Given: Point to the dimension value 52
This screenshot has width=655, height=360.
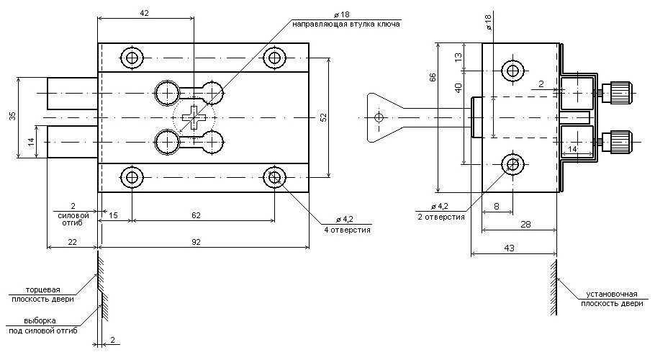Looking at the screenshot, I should pyautogui.click(x=322, y=115).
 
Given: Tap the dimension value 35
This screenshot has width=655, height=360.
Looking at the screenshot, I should pyautogui.click(x=12, y=117).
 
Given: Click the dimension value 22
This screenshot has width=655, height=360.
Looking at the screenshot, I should pyautogui.click(x=72, y=243).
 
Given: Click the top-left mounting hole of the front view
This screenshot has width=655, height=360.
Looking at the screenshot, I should pyautogui.click(x=131, y=58).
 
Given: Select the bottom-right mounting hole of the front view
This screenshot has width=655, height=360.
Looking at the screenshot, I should pyautogui.click(x=274, y=176).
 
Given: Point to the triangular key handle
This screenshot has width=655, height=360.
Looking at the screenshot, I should pyautogui.click(x=379, y=115).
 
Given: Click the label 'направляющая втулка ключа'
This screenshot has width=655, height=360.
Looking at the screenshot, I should pyautogui.click(x=346, y=24).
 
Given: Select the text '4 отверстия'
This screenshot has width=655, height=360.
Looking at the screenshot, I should pyautogui.click(x=347, y=230).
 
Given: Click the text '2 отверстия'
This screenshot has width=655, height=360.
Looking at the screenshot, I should pyautogui.click(x=441, y=216).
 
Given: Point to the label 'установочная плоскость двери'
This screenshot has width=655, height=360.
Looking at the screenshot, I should pyautogui.click(x=612, y=299).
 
